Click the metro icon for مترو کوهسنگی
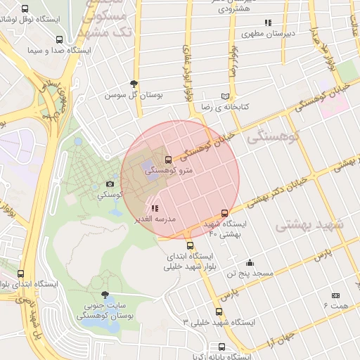coord(167,160)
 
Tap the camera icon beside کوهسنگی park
coord(110,184)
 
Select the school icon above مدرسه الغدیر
coord(155,208)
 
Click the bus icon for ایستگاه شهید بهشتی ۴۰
coord(224,213)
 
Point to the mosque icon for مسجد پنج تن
coord(249,262)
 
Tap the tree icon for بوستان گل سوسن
coord(134,84)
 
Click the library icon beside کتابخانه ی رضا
coord(225,96)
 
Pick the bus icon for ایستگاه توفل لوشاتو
coord(25,9)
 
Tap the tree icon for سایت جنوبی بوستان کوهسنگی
coord(105,295)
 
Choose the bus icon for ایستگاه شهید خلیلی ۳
coord(219,311)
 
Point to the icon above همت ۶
coord(335,295)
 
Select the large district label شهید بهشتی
coord(309,225)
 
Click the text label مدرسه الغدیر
coord(155,219)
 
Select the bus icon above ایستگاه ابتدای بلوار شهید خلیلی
coord(190,245)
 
